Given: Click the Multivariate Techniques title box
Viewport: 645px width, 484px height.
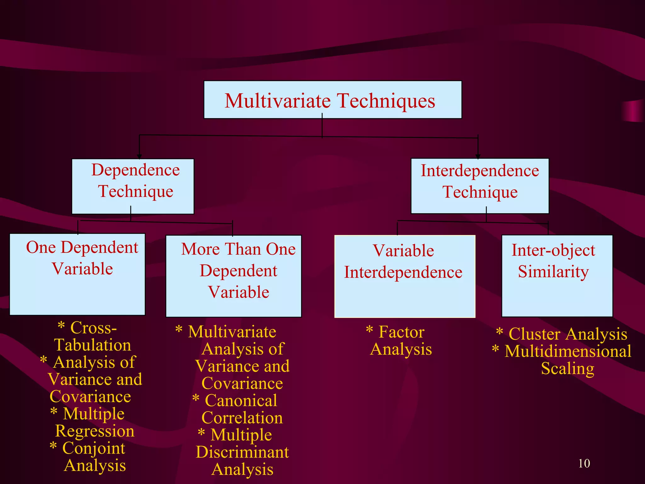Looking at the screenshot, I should pos(333,100).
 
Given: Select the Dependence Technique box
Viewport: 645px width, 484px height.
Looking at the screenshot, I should pos(133,186).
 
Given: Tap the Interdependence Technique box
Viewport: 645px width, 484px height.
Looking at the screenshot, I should pos(480,186).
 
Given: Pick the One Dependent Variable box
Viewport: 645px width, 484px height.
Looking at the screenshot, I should pos(77,274).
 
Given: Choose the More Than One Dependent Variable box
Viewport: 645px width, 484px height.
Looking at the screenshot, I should pos(233,276).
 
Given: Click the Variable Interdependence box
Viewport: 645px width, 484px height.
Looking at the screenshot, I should pos(404,276).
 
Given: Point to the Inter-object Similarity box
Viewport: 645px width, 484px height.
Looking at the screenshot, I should pos(557,276).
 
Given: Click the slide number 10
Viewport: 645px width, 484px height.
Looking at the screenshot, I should pos(584,464).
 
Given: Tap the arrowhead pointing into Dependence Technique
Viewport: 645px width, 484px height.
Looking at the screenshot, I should pos(139,157).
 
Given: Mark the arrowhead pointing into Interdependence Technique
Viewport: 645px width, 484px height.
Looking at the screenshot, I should pos(478,157).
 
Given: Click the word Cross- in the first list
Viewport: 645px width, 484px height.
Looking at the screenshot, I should pos(94,328).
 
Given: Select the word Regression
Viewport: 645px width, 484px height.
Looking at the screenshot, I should pos(94,431).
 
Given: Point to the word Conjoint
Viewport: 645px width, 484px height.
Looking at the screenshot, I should pos(94,449).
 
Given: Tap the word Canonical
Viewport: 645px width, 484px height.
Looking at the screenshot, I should pos(241,401).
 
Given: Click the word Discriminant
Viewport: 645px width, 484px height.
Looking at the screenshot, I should pos(242,452).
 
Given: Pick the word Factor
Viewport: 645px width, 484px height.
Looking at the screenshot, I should pos(402,332).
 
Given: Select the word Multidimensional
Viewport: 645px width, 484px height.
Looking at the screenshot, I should pos(568,351).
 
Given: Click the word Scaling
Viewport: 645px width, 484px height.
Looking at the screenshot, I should pos(568,369).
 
